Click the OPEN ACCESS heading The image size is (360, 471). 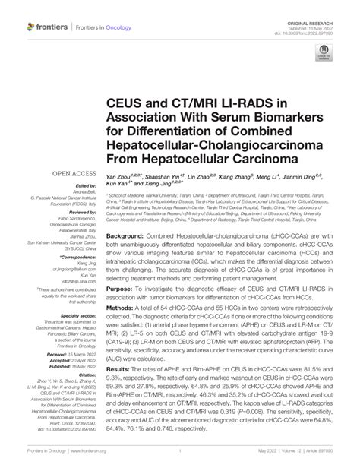(70, 173)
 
